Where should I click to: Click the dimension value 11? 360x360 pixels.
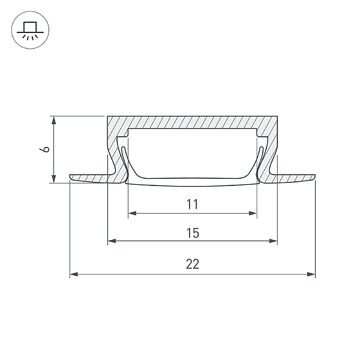pyautogui.click(x=192, y=204)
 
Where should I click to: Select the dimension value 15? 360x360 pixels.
pyautogui.click(x=193, y=233)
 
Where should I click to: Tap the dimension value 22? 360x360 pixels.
pyautogui.click(x=193, y=264)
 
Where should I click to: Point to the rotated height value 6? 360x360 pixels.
pyautogui.click(x=44, y=149)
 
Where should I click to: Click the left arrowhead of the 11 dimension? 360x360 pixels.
pyautogui.click(x=133, y=213)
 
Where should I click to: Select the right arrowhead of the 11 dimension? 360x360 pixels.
pyautogui.click(x=253, y=213)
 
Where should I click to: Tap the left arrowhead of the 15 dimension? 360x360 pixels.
pyautogui.click(x=112, y=241)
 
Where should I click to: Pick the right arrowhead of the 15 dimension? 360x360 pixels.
pyautogui.click(x=273, y=241)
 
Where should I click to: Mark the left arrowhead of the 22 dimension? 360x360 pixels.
pyautogui.click(x=74, y=274)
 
